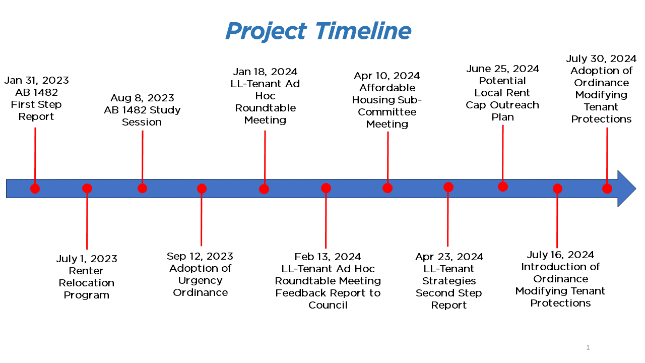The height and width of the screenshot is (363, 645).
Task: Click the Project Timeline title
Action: click(x=318, y=31)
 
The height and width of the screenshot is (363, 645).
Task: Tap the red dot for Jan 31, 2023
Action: click(x=35, y=189)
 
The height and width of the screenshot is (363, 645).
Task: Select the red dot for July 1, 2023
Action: click(x=87, y=189)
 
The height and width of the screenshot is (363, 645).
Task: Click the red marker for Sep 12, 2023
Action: click(x=202, y=189)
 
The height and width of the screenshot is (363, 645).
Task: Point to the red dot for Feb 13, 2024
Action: click(x=326, y=188)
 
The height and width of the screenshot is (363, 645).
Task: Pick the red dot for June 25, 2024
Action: click(x=503, y=187)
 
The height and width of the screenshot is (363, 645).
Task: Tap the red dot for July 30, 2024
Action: click(x=607, y=189)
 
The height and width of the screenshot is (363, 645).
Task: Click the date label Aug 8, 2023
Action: click(x=142, y=98)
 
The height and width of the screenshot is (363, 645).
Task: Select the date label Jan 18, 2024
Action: click(x=265, y=72)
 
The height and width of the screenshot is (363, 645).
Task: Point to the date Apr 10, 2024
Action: click(x=386, y=76)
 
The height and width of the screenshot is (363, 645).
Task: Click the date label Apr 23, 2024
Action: click(x=449, y=257)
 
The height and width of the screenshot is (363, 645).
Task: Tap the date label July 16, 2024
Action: click(x=560, y=255)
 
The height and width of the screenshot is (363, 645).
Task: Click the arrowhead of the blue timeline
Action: click(x=627, y=189)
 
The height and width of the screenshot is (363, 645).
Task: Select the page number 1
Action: click(x=588, y=347)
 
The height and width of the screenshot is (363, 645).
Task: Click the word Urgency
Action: click(x=200, y=281)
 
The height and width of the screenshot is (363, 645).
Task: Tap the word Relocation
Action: click(x=86, y=283)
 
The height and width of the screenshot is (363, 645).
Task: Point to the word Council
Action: click(x=328, y=305)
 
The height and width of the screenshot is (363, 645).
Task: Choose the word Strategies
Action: click(x=448, y=281)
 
